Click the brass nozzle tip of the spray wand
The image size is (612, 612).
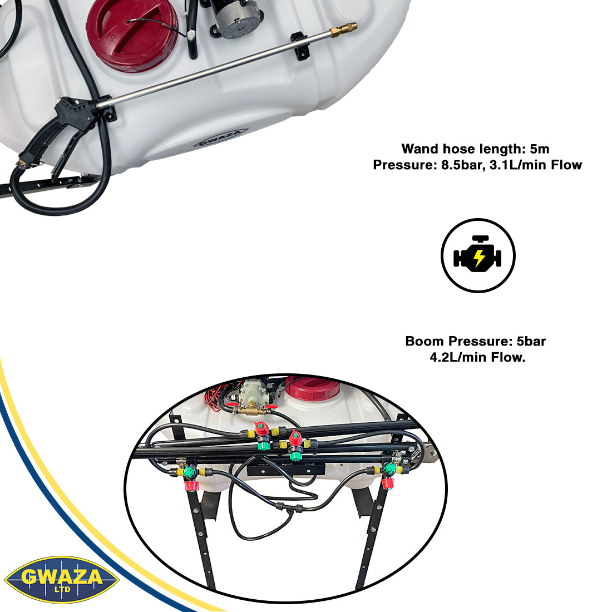(x=344, y=30)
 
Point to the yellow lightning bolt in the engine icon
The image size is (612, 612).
(x=479, y=258)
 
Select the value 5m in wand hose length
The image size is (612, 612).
(x=540, y=149)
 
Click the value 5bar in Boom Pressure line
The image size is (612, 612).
(x=531, y=341)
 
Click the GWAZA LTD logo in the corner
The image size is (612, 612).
(x=61, y=579)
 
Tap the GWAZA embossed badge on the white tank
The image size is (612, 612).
(x=221, y=138)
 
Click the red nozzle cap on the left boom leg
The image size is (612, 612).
(x=191, y=486)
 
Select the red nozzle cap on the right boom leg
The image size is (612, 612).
(x=388, y=483)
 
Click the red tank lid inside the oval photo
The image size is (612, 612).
(x=312, y=387)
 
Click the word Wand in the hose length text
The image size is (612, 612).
(x=420, y=149)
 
